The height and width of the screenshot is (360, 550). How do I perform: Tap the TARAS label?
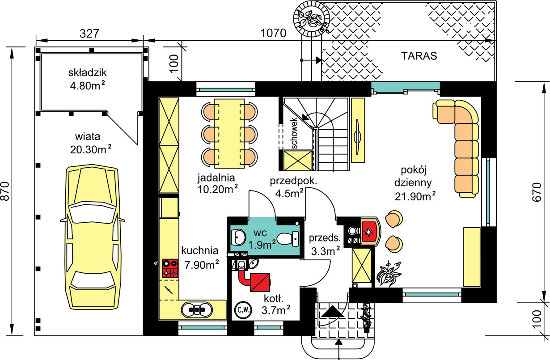[419, 56]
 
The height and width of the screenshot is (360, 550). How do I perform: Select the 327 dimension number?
[89, 34]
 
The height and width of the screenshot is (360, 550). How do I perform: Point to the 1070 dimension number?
[273, 33]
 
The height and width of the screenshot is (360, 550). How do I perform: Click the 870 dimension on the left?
[5, 191]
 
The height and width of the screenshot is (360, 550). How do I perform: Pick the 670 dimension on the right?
[537, 192]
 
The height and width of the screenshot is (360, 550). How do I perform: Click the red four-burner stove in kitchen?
[170, 268]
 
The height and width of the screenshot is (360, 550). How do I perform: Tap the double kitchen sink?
[197, 310]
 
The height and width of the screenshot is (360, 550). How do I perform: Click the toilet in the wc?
[288, 238]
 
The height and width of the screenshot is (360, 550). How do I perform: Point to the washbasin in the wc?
[238, 237]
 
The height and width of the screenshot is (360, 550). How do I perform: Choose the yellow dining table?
[229, 134]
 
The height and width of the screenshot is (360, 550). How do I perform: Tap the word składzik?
[87, 73]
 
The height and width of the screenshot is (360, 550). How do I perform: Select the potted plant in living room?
[389, 274]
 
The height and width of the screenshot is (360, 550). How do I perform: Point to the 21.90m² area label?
[415, 197]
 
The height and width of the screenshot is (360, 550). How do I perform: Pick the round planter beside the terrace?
[311, 18]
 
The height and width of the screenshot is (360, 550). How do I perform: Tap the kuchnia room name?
[200, 250]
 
